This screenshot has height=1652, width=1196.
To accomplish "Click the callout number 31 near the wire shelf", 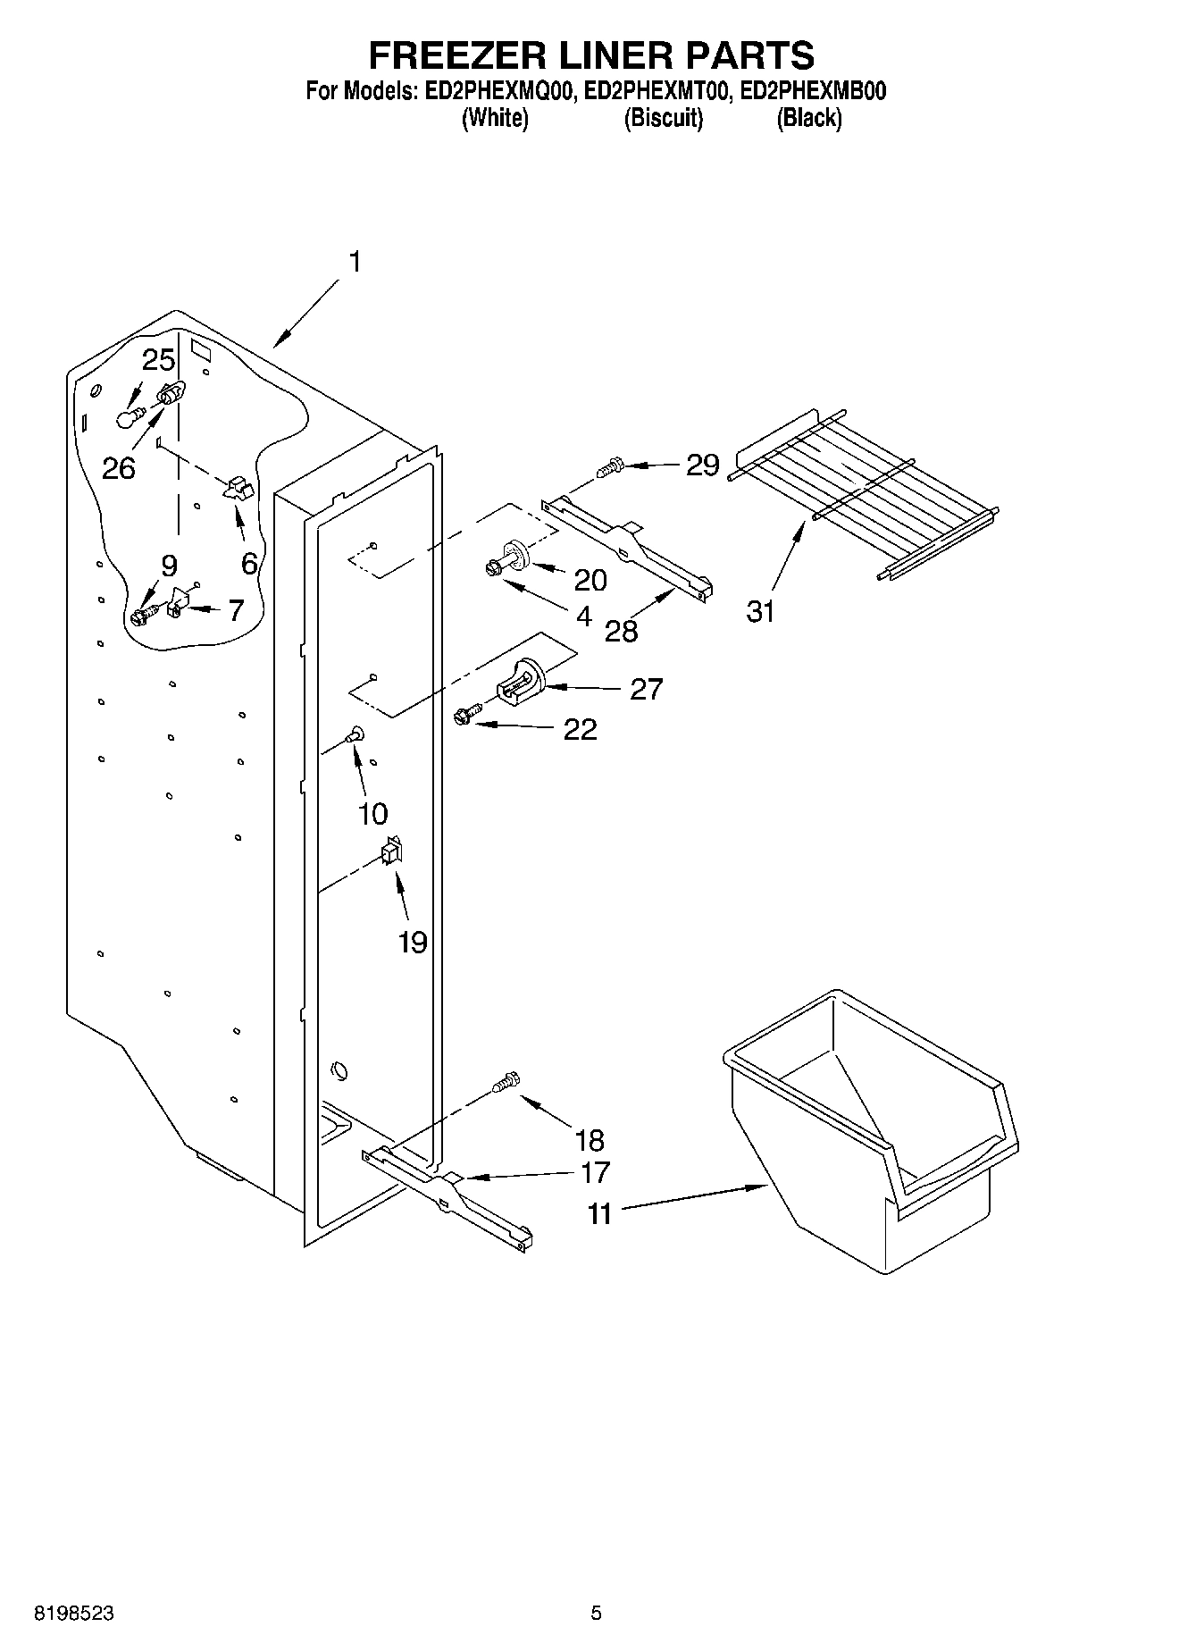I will point(760,612).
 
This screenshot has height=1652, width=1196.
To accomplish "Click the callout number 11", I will point(600,1214).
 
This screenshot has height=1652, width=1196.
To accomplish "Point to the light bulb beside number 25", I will point(130,417).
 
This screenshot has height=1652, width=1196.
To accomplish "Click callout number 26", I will point(119,467).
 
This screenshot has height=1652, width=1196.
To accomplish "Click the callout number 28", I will point(622,632).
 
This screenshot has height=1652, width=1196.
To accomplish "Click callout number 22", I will point(581,730).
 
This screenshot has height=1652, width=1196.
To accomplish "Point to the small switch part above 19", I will point(390,851).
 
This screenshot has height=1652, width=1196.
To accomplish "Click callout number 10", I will point(372,813).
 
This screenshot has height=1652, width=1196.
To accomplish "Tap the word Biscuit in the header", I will point(663,118).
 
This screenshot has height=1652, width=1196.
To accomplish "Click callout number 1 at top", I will point(355,262).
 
